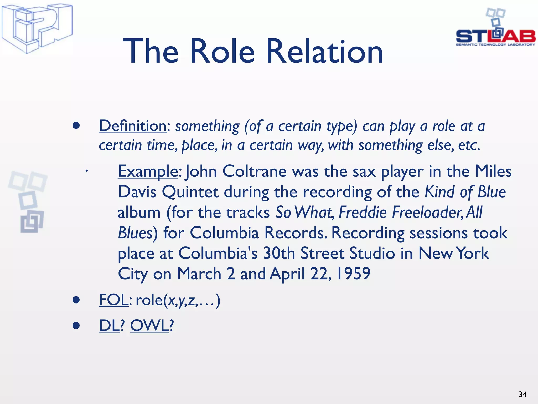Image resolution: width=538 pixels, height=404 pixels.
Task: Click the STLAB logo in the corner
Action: pos(495,28)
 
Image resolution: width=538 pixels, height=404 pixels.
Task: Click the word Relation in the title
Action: pos(324,51)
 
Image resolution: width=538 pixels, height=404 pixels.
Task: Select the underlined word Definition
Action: pos(133,126)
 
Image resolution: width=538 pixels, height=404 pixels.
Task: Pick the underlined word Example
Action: pos(148,171)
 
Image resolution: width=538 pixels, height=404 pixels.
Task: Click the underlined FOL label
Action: pos(113,300)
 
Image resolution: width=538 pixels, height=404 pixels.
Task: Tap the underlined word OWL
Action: pos(149,325)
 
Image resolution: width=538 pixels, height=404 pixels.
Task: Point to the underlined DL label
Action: pos(109,325)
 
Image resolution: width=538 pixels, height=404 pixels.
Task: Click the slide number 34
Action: pos(523,394)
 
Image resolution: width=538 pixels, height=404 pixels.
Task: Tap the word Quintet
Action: pos(190,192)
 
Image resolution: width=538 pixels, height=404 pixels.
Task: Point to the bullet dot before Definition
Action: pos(76,126)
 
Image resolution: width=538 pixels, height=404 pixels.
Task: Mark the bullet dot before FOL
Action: pos(76,300)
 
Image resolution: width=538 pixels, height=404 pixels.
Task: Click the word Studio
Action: pos(372,253)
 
